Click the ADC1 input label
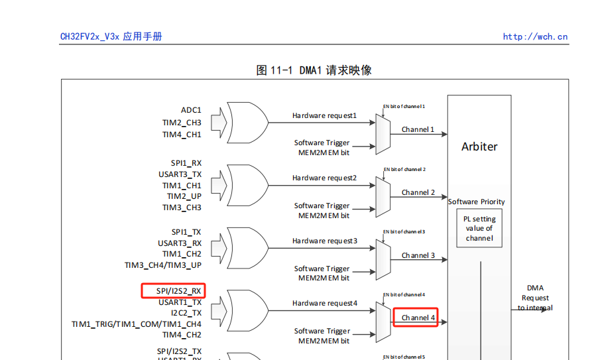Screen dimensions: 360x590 [191, 110]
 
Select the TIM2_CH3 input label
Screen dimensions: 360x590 [182, 122]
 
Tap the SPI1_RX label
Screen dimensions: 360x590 [186, 162]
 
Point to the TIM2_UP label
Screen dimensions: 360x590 [184, 196]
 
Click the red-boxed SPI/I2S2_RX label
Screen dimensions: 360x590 [174, 290]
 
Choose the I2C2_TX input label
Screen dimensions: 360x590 [186, 313]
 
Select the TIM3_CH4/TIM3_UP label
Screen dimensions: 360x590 [163, 265]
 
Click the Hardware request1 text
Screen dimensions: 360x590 [324, 116]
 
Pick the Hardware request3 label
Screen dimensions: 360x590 [324, 241]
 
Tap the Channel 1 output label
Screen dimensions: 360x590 [418, 129]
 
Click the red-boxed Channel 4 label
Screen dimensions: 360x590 [418, 318]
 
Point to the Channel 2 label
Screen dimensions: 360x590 [418, 192]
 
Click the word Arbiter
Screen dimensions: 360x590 [479, 147]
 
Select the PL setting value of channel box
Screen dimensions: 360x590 [479, 229]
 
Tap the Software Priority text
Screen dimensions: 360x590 [476, 202]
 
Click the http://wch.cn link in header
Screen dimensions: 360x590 [535, 37]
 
